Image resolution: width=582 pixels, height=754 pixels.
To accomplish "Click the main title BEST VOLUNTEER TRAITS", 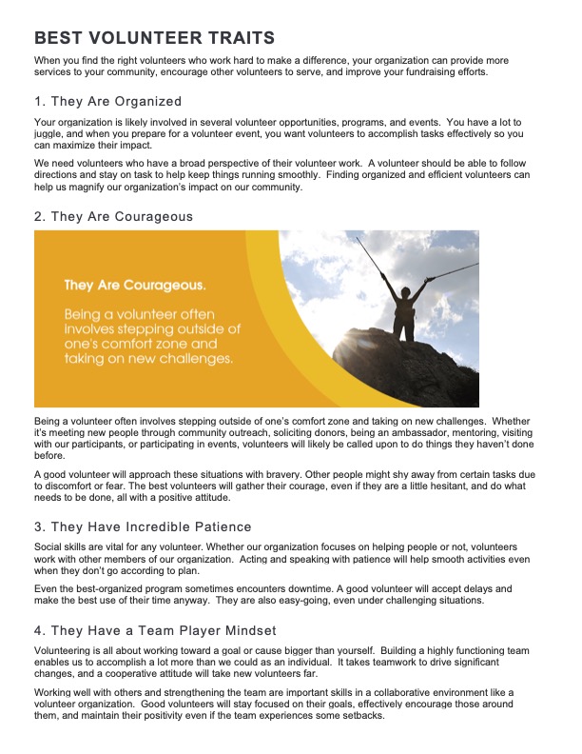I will (154, 38).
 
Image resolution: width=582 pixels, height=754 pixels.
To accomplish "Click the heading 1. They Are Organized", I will (107, 101).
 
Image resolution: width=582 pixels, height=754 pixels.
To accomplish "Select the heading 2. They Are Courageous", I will (113, 217).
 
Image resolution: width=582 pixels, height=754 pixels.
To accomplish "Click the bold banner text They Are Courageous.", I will (134, 285).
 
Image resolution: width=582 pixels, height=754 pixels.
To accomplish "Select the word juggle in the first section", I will (49, 135).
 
